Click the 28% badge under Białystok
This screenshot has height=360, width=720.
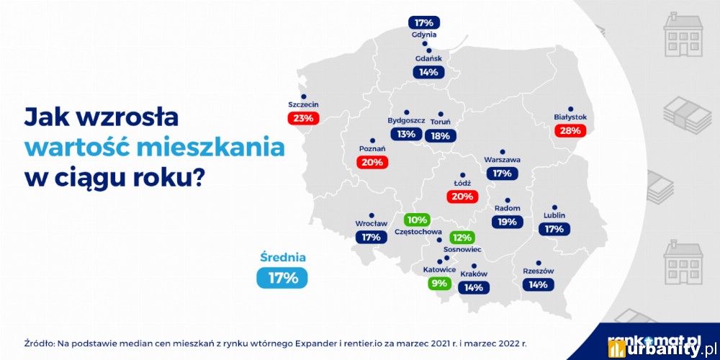(x=571, y=130)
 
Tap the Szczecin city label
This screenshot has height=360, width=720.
(x=303, y=104)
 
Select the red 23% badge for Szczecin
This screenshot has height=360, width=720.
(x=303, y=118)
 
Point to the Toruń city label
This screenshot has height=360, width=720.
(x=441, y=122)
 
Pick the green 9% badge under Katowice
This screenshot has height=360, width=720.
(x=439, y=283)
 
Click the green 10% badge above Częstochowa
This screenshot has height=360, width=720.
(x=417, y=220)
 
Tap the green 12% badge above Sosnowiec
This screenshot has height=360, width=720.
(x=462, y=238)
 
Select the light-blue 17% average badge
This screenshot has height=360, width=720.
(x=282, y=278)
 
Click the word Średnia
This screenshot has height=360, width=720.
(x=283, y=258)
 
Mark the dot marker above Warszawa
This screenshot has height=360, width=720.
(x=503, y=151)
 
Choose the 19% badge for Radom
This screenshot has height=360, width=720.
(x=508, y=222)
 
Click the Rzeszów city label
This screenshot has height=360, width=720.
(x=538, y=271)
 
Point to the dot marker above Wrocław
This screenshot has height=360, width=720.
(x=371, y=215)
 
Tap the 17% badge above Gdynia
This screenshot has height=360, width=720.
(x=424, y=22)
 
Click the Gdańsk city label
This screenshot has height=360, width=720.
(x=428, y=59)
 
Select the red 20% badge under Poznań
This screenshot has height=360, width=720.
(x=372, y=162)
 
